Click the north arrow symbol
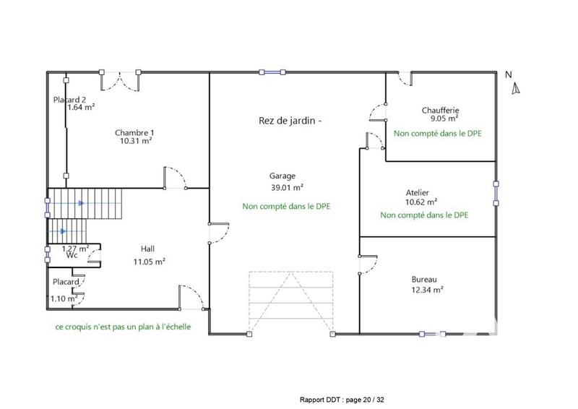click(514, 89)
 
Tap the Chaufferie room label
click(441, 111)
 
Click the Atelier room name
click(418, 193)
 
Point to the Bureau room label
click(424, 279)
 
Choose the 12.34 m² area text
click(427, 290)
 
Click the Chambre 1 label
click(134, 132)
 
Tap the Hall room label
click(147, 249)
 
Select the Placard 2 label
click(70, 100)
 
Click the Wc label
click(72, 255)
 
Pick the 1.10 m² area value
click(64, 298)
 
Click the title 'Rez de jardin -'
click(289, 121)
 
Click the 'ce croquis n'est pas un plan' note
click(123, 327)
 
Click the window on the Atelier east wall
click(496, 193)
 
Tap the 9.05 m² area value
click(444, 119)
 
